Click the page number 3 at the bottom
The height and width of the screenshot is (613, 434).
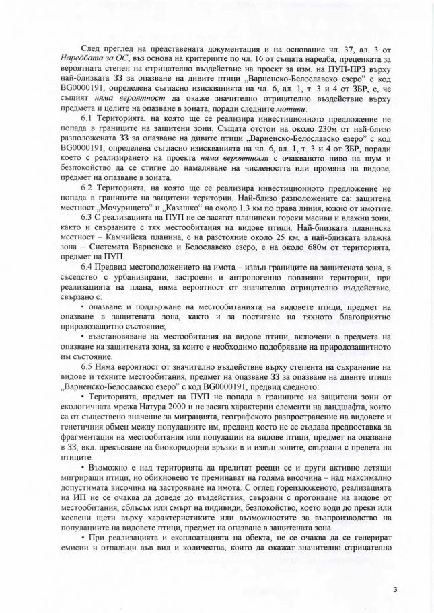pyautogui.click(x=396, y=589)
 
